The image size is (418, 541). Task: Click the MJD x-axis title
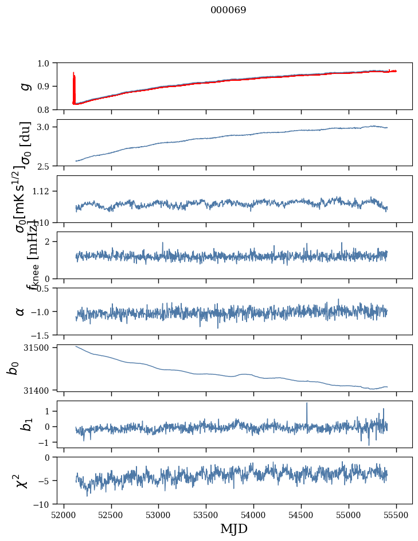(234, 528)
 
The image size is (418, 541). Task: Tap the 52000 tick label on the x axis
(64, 515)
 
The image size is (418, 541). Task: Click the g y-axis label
(24, 86)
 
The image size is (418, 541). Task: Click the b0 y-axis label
(13, 368)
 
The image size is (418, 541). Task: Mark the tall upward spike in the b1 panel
(307, 404)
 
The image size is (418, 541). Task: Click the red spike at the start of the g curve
(74, 75)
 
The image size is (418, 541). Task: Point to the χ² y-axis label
(23, 480)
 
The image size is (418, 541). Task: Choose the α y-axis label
(21, 311)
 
